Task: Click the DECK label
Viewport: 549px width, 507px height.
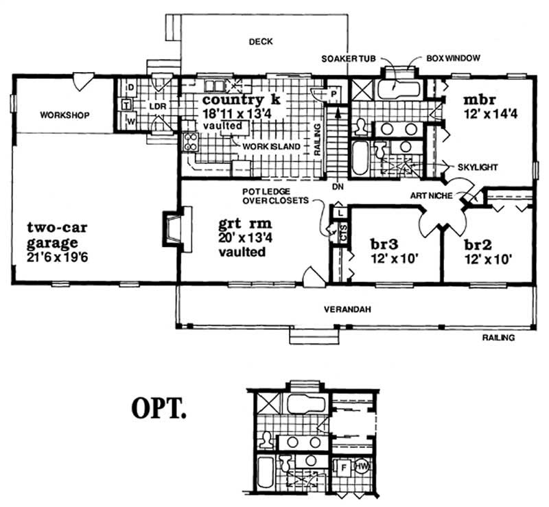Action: pyautogui.click(x=260, y=42)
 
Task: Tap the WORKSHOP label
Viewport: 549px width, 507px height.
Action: pyautogui.click(x=65, y=115)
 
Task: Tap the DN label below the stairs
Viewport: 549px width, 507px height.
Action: pyautogui.click(x=336, y=186)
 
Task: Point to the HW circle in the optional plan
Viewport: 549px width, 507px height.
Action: pyautogui.click(x=362, y=467)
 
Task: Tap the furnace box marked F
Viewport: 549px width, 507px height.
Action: pyautogui.click(x=343, y=467)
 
